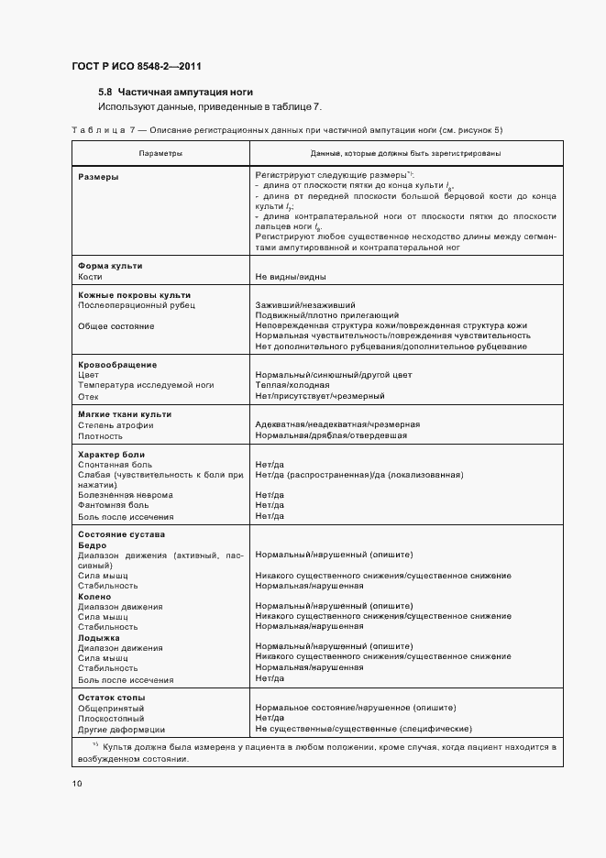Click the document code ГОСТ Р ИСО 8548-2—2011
[x=137, y=66]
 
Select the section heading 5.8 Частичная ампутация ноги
[x=175, y=93]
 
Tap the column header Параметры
[x=160, y=153]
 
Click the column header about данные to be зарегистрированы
[x=405, y=153]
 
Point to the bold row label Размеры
[x=98, y=176]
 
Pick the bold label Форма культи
[x=110, y=266]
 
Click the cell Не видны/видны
[x=291, y=276]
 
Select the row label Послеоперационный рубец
[x=137, y=305]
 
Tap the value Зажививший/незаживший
[x=305, y=305]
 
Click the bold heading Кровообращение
[x=117, y=365]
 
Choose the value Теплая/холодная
[x=292, y=385]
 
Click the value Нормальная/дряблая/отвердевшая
[x=331, y=435]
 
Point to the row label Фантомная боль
[x=113, y=505]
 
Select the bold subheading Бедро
[x=93, y=545]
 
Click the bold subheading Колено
[x=94, y=596]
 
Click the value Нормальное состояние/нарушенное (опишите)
[x=356, y=708]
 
